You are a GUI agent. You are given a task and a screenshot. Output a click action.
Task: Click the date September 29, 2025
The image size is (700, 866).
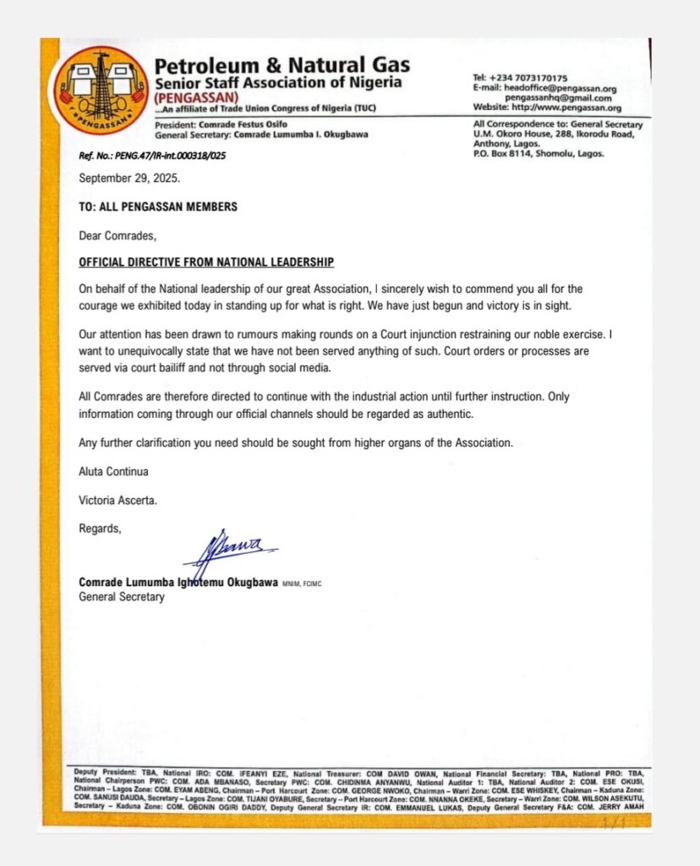tap(129, 178)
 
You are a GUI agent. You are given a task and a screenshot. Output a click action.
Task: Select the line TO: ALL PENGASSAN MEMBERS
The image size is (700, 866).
tap(158, 207)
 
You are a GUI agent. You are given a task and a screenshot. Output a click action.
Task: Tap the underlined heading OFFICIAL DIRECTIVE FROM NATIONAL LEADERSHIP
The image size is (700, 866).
tap(206, 263)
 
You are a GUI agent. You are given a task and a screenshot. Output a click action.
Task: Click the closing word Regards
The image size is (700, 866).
tap(100, 529)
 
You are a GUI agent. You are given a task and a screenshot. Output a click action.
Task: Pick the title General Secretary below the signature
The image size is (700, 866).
tap(122, 597)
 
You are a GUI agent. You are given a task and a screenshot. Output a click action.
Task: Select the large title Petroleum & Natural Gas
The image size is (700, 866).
tap(282, 64)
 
